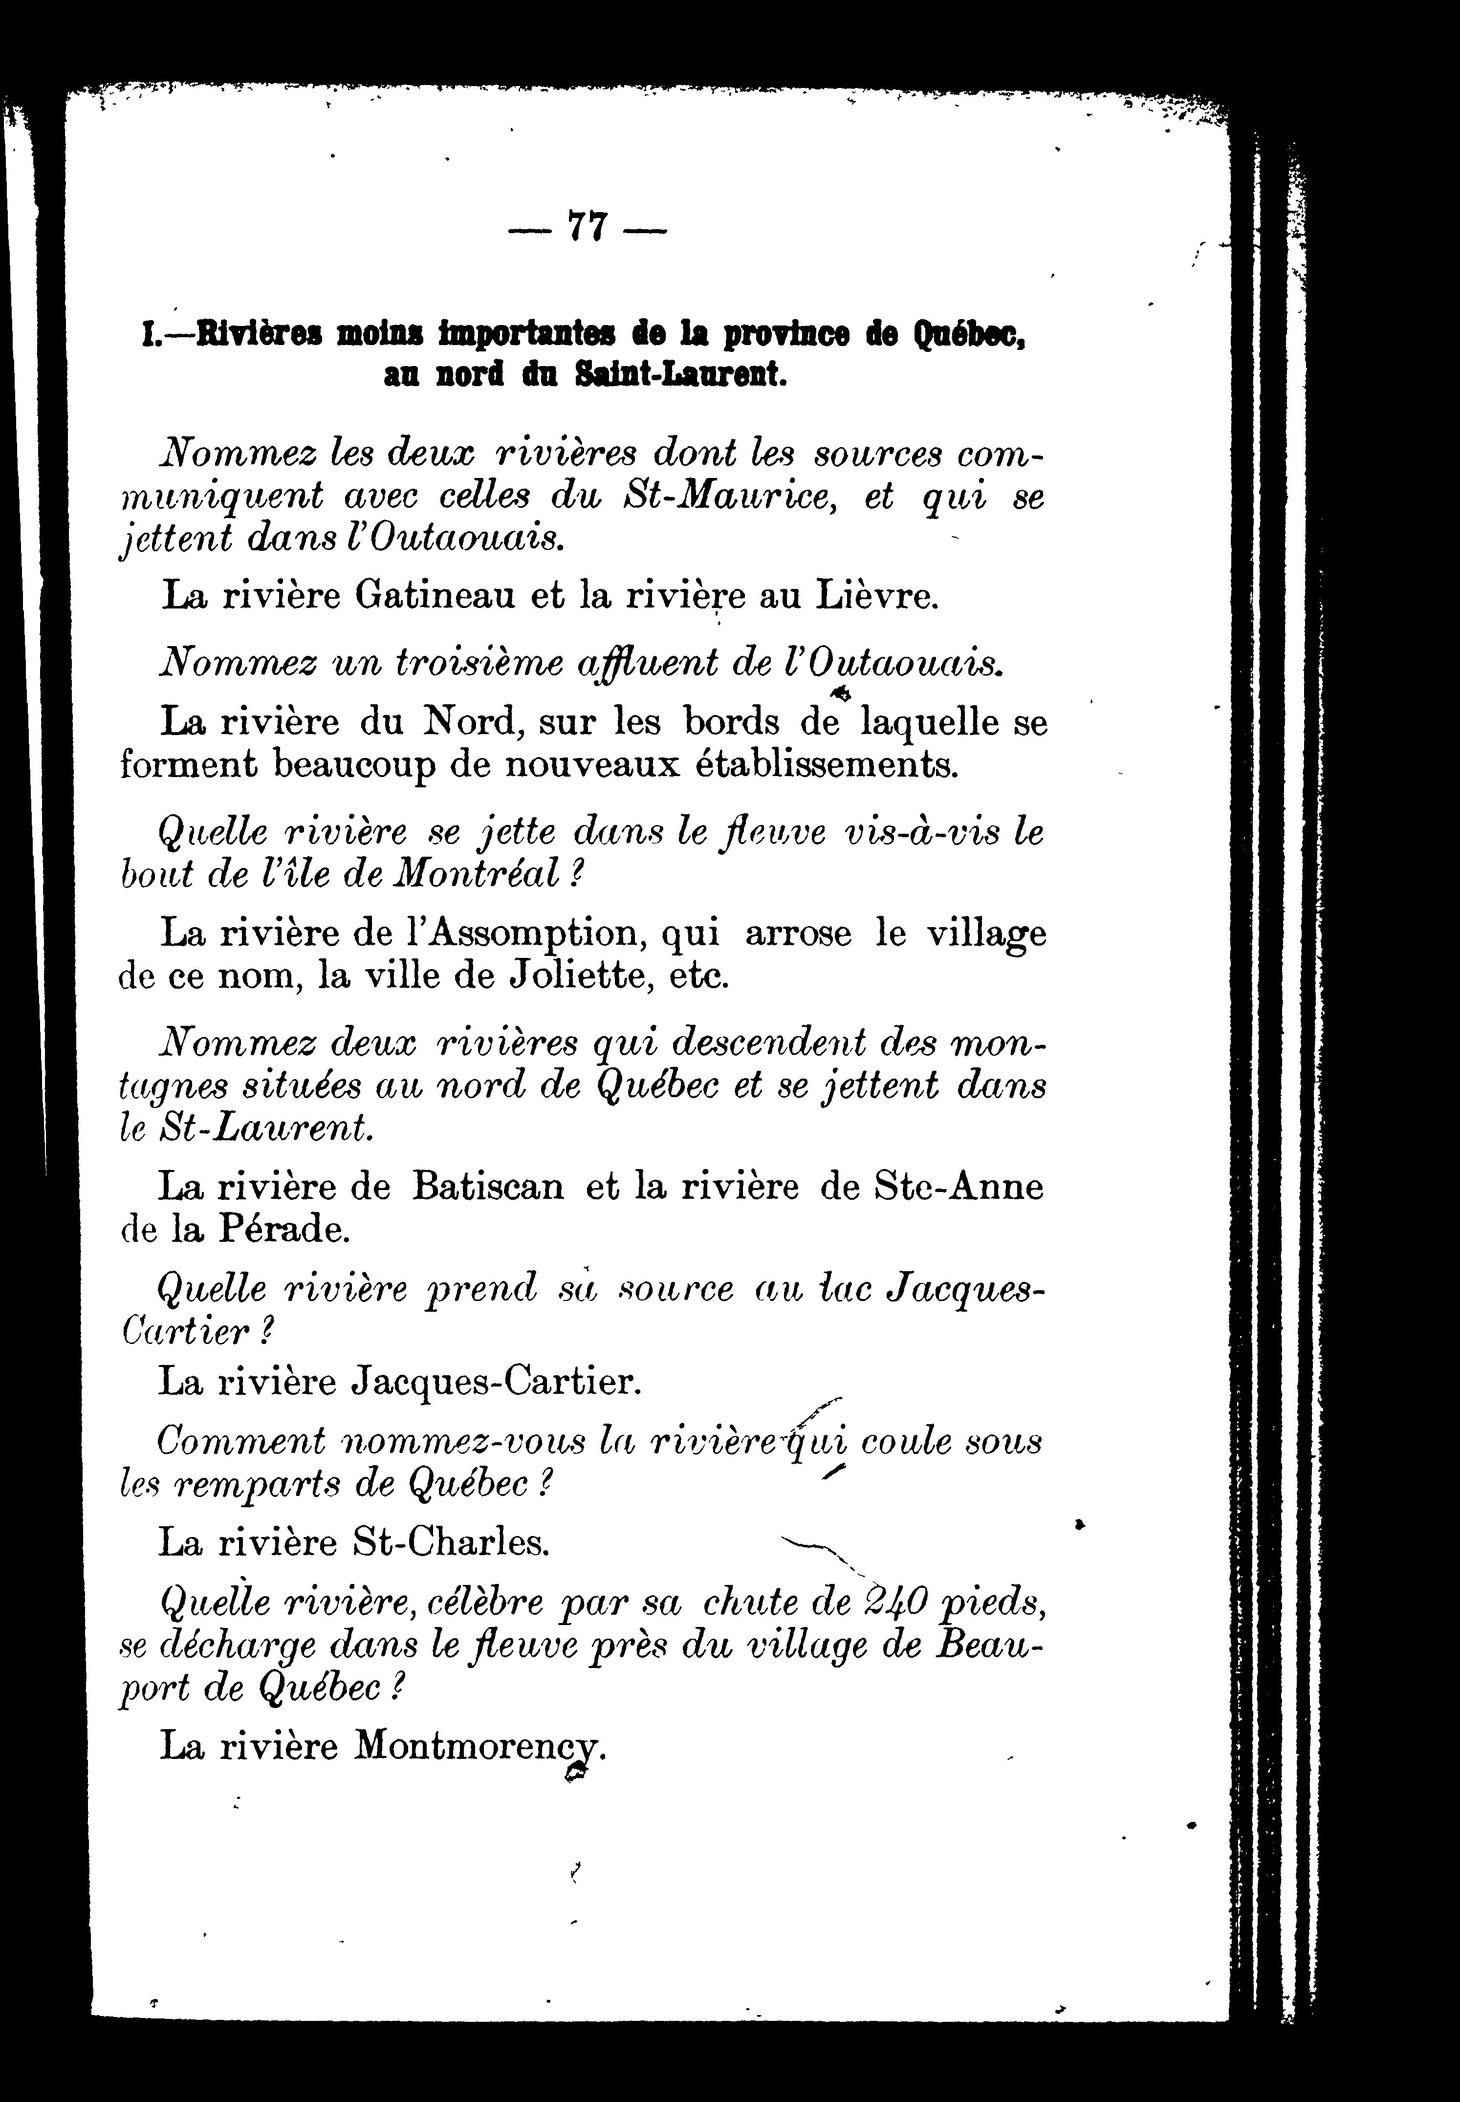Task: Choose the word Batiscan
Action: click(488, 1187)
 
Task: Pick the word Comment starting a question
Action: click(240, 1442)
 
